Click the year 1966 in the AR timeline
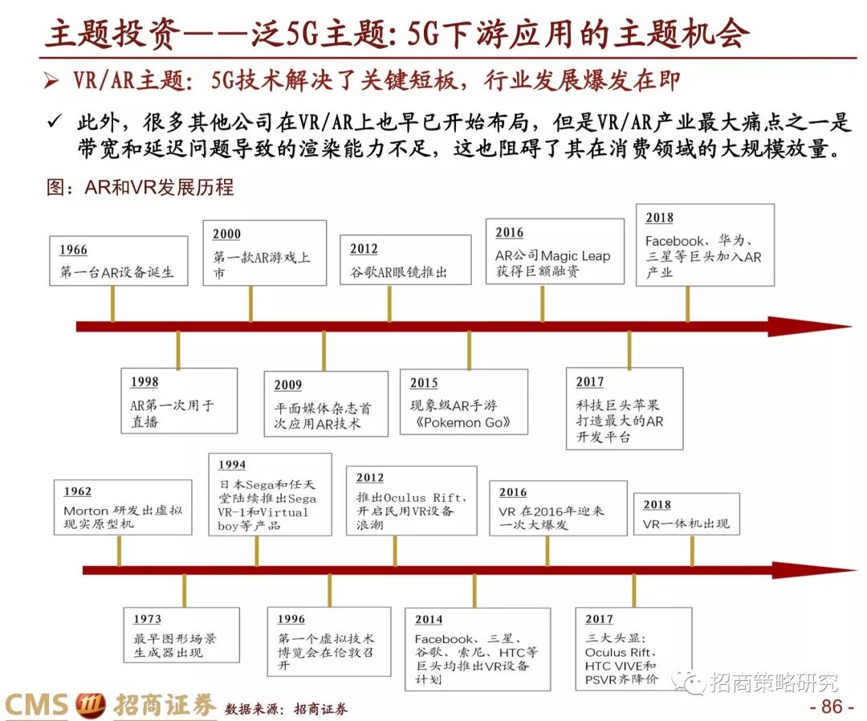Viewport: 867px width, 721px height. point(73,251)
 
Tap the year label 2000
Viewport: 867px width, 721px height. point(226,234)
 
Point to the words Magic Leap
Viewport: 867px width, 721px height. point(576,256)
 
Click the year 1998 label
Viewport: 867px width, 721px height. point(144,382)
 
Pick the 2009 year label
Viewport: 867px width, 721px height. point(288,385)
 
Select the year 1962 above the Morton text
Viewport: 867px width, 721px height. point(77,491)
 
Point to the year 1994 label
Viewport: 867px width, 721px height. point(232,465)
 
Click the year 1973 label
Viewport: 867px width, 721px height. point(147,619)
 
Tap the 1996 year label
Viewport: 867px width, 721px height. point(291,619)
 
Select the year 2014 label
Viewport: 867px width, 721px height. point(429,620)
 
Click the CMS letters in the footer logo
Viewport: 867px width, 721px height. point(36,706)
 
